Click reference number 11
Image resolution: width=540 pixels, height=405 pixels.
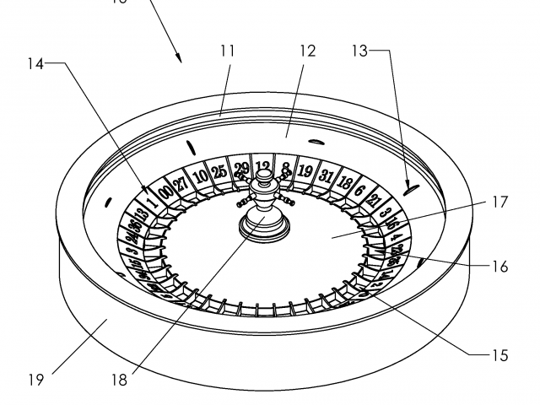point(227,51)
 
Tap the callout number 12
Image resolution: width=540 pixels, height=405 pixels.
point(306,51)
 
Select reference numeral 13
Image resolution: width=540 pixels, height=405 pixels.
point(360,51)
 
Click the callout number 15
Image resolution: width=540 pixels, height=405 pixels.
point(499,355)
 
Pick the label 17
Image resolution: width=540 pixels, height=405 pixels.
point(499,202)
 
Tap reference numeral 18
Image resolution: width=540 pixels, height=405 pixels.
point(119,381)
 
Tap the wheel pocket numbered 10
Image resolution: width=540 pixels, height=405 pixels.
point(200,177)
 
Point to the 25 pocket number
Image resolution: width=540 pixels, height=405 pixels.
point(219,171)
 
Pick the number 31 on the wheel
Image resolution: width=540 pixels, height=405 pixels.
point(327,175)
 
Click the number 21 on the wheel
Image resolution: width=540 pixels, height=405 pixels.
point(375,201)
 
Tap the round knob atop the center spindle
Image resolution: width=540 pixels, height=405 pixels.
point(263,176)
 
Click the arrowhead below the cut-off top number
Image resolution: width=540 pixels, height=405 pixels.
point(180,57)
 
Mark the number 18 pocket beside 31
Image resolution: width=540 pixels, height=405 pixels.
point(345,181)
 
